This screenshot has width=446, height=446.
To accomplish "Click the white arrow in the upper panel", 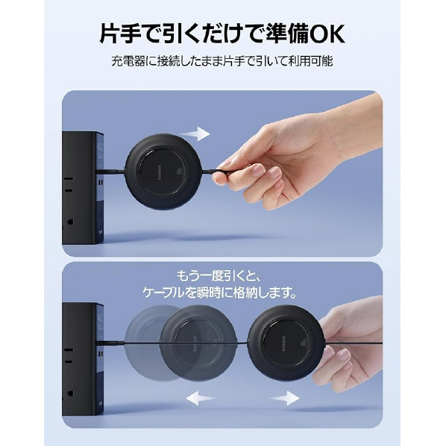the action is coord(195,134).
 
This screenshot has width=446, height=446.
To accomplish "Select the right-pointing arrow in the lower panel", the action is coord(284,398).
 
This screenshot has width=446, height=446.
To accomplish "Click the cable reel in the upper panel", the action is coord(164,172).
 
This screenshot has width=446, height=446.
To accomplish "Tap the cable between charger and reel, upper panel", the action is coord(112,171).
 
